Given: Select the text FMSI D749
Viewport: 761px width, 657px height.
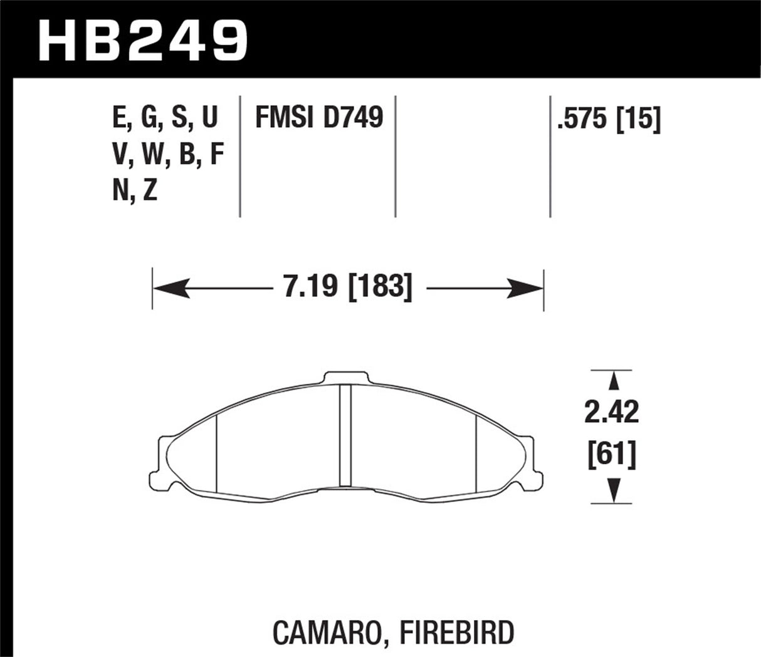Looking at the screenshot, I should click(318, 118).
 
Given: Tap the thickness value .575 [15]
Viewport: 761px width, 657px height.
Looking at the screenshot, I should click(609, 119).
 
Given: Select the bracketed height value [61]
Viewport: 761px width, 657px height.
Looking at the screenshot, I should click(611, 454).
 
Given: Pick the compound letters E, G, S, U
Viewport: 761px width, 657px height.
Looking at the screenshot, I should click(165, 118).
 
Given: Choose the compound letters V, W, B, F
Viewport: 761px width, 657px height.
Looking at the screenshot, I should click(168, 154).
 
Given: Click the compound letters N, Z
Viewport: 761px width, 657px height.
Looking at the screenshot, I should click(135, 190).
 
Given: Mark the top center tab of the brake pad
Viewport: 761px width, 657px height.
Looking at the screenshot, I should click(347, 378).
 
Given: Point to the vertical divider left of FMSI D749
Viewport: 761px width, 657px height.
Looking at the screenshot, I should click(240, 157).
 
